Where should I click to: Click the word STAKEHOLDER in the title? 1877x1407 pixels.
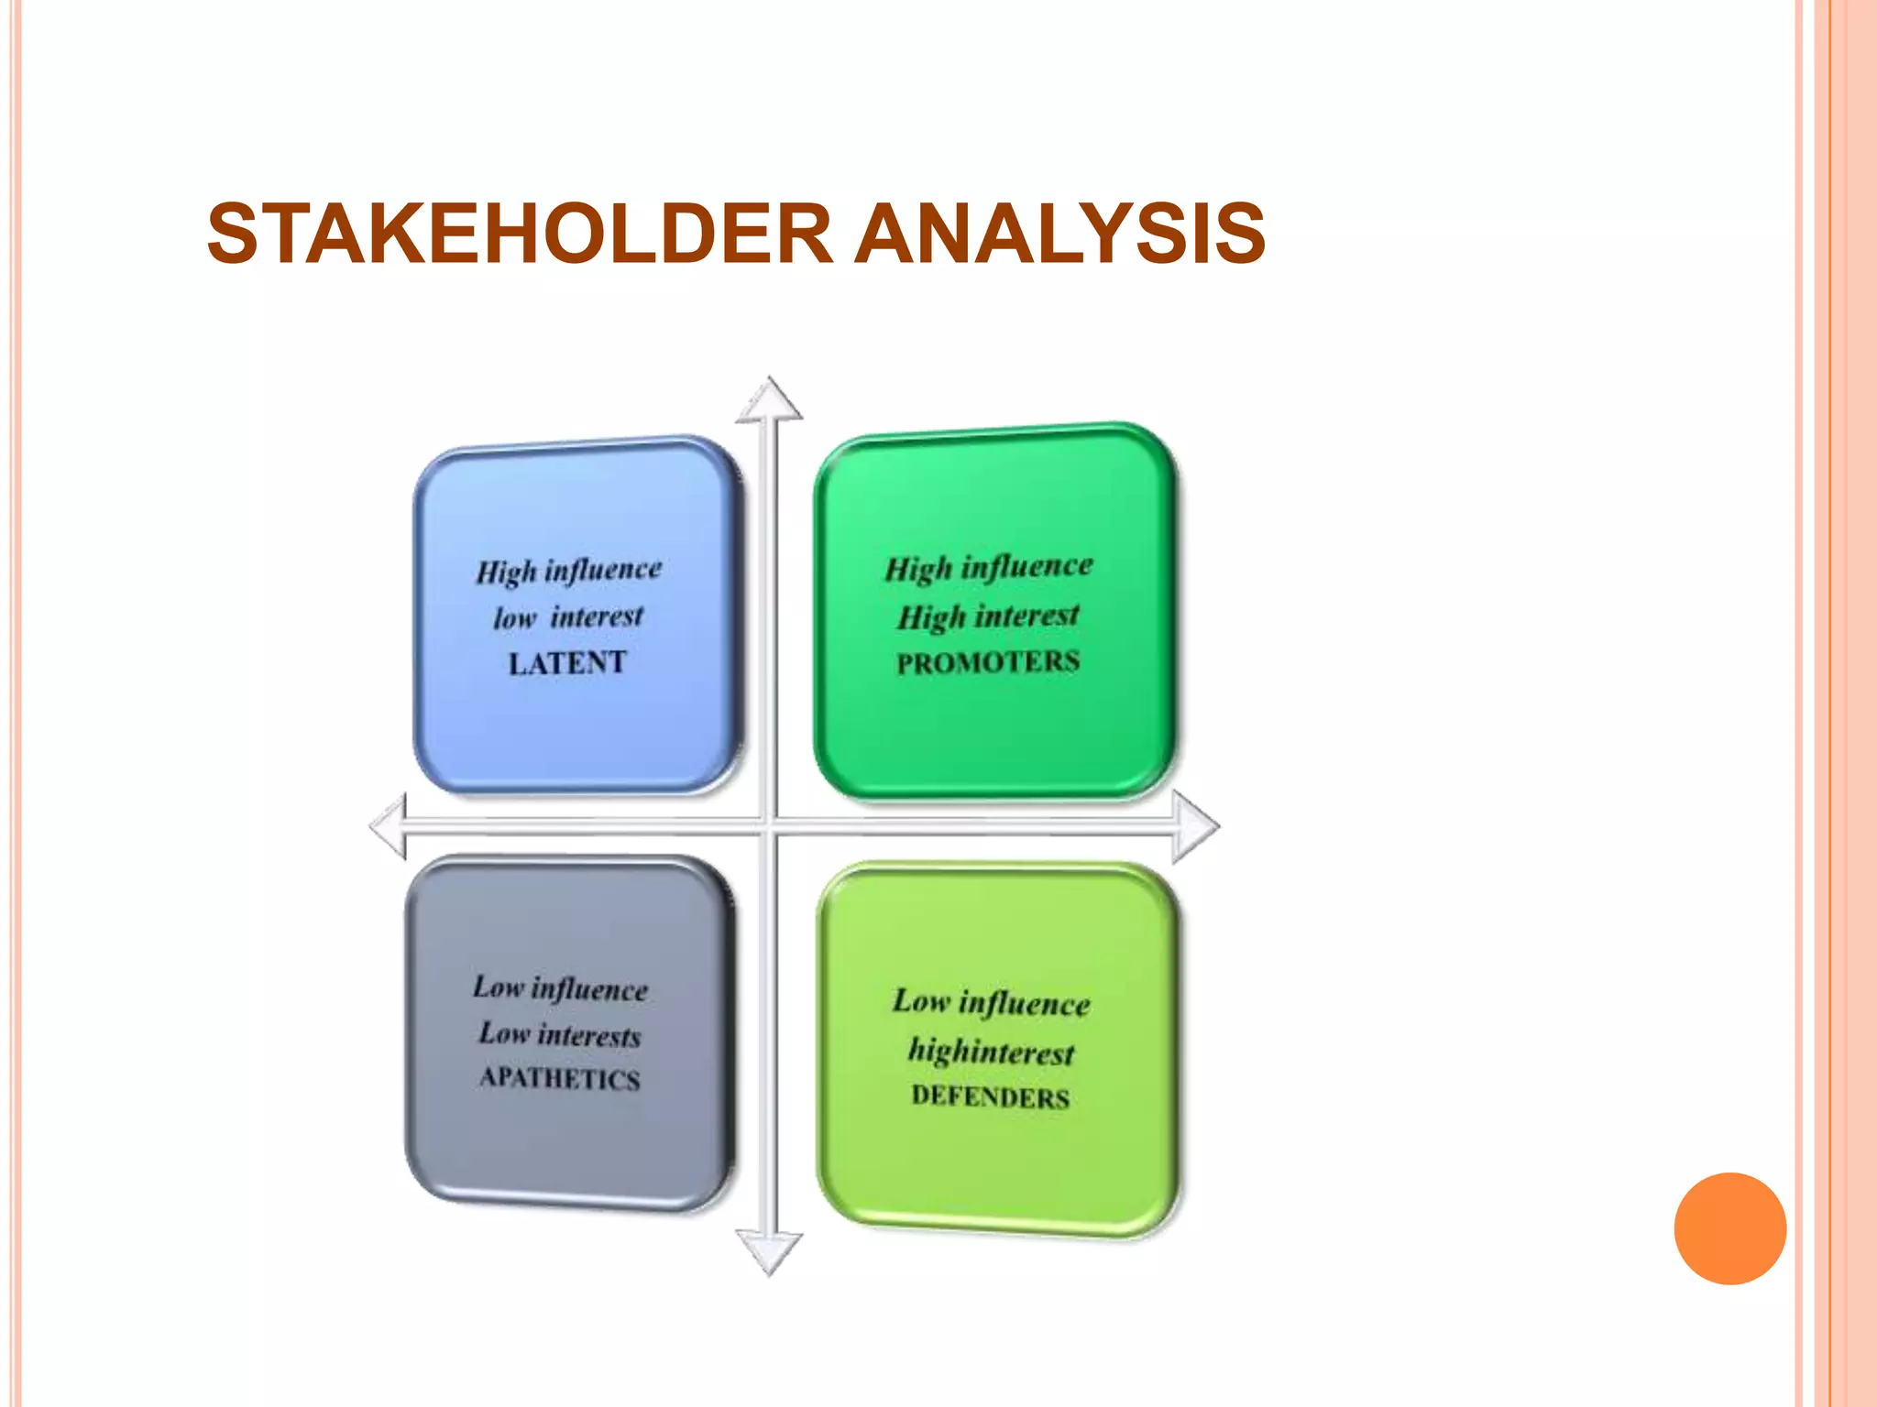pos(519,234)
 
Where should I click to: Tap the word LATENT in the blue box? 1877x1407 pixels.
pos(567,662)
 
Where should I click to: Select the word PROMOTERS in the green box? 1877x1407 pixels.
pos(988,662)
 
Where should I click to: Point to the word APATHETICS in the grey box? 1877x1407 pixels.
pos(559,1078)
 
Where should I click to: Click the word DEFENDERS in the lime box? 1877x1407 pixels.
pos(990,1096)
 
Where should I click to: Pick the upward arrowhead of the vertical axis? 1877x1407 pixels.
pos(770,401)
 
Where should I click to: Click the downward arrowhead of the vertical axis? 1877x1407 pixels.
pos(770,1252)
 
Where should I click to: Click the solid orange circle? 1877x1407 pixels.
pos(1729,1228)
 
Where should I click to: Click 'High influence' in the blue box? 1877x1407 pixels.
pos(568,571)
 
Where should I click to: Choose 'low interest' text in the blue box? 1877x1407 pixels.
pos(568,617)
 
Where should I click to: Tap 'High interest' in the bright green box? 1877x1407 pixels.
pos(988,616)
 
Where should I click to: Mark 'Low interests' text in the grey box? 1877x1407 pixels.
pos(559,1034)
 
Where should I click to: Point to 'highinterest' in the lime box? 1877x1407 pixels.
pos(991,1052)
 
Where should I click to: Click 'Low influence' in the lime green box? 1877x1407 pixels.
pos(991,1002)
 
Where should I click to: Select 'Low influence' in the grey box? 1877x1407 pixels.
pos(560,988)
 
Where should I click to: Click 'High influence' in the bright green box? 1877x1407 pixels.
pos(988,568)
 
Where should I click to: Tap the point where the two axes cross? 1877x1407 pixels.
pos(770,827)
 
